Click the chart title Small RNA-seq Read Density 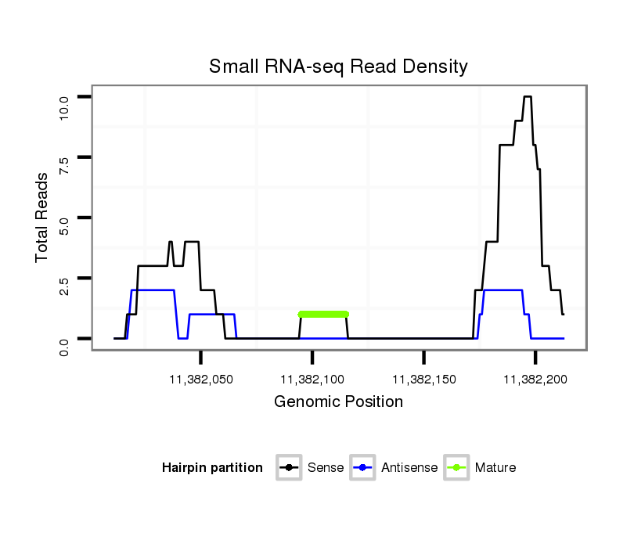coord(338,67)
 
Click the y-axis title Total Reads coord(43,218)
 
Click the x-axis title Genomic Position coord(338,402)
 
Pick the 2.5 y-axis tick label coord(64,279)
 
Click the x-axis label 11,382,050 coord(201,380)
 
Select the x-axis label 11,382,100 coord(312,380)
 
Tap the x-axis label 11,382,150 coord(423,380)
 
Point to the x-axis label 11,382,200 coord(535,380)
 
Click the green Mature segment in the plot coord(323,314)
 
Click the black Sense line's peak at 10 coord(528,97)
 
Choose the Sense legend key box coord(289,468)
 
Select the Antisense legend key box coord(363,468)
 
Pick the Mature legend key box coord(456,468)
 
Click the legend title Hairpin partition coord(212,468)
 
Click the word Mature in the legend coord(495,468)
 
